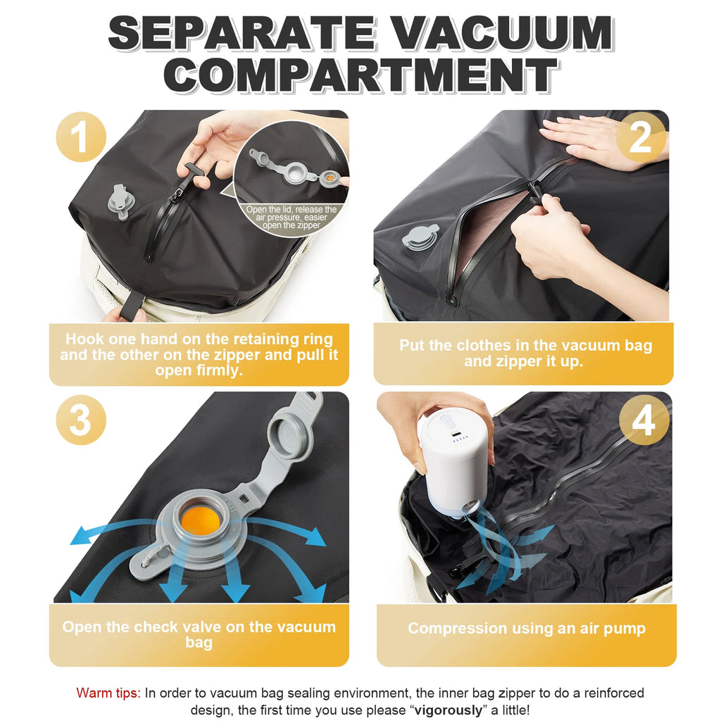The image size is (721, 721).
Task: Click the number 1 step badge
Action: pos(81,137)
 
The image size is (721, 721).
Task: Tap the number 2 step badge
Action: pos(640,137)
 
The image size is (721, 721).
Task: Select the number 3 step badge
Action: pos(81,420)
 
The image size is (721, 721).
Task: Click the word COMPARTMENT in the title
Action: pos(360,75)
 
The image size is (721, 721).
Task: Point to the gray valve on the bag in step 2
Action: pos(420,237)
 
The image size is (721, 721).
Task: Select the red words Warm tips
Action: pos(108,694)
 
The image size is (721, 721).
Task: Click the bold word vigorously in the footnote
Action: pos(449,710)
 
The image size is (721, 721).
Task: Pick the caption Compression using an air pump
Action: pos(526,628)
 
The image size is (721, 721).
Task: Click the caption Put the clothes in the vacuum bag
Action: pos(525,353)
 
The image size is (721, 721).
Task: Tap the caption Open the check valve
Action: pos(199,634)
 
